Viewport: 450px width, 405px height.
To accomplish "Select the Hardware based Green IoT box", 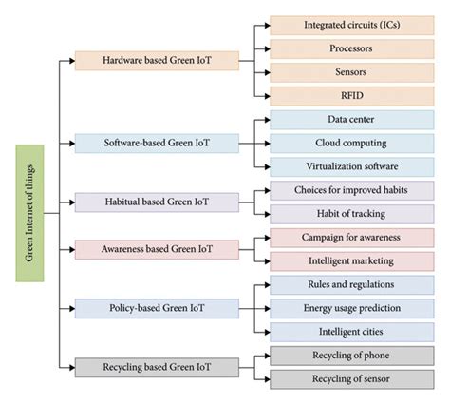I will (156, 60).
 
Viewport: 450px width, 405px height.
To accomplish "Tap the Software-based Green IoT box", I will (156, 143).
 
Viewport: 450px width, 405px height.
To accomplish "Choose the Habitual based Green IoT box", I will (156, 202).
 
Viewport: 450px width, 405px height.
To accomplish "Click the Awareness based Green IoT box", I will (156, 249).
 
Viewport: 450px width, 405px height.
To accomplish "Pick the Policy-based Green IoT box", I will (156, 308).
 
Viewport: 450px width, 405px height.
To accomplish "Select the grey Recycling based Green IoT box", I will (156, 367).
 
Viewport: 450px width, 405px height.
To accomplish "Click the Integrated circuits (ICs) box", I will (350, 25).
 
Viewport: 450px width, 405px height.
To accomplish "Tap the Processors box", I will (350, 48).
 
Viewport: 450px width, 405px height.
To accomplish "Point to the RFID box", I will (350, 95).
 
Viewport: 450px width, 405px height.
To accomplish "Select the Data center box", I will (350, 120).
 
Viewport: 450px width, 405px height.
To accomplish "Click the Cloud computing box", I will (350, 143).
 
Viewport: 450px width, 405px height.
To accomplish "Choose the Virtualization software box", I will (350, 166).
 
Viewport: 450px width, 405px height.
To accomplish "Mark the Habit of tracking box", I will (350, 214).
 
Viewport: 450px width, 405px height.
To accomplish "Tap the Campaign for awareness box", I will (350, 237).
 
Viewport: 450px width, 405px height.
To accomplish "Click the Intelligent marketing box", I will (350, 260).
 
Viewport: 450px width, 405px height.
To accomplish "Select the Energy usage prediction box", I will (350, 308).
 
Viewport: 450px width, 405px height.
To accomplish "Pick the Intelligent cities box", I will (350, 332).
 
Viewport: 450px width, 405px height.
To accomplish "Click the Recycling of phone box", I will (350, 356).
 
